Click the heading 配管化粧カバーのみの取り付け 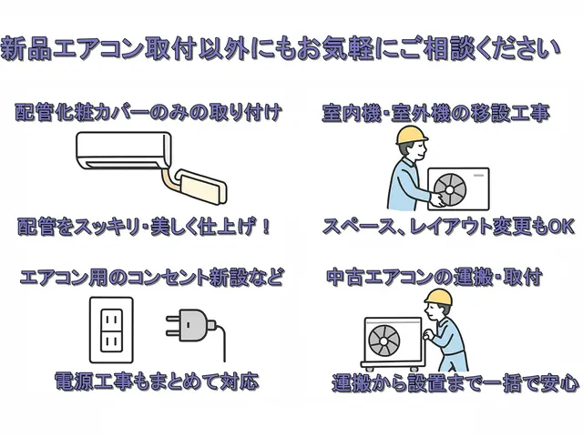pos(148,114)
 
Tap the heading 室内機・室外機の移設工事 pos(435,115)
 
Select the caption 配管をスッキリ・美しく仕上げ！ pos(145,226)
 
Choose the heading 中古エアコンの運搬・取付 pos(435,276)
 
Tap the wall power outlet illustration pos(109,330)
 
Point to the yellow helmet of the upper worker pos(412,137)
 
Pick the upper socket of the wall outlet pos(109,318)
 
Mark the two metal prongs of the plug pos(172,324)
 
